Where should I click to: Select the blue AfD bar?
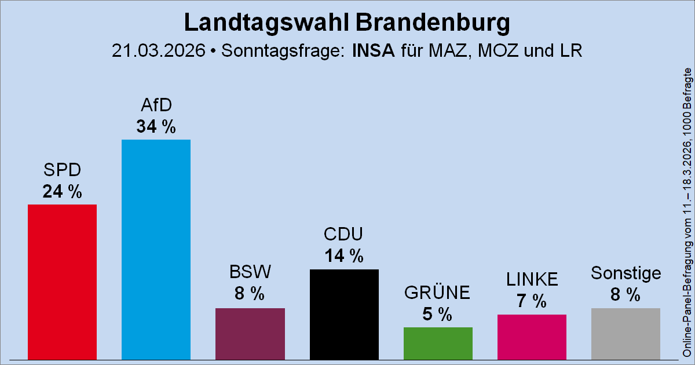156,249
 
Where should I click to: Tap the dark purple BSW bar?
250,334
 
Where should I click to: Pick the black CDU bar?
344,314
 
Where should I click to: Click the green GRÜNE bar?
438,343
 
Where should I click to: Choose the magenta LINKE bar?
532,337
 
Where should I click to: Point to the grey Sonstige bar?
625,334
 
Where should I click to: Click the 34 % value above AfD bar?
156,126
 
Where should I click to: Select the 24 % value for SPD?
62,191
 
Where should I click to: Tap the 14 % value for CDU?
344,256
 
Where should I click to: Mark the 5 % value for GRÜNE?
438,314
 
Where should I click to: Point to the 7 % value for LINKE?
532,301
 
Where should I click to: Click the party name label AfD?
156,105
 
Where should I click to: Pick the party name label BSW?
250,272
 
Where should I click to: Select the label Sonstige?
625,273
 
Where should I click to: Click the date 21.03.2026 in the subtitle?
159,51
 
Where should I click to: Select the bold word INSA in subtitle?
373,51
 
